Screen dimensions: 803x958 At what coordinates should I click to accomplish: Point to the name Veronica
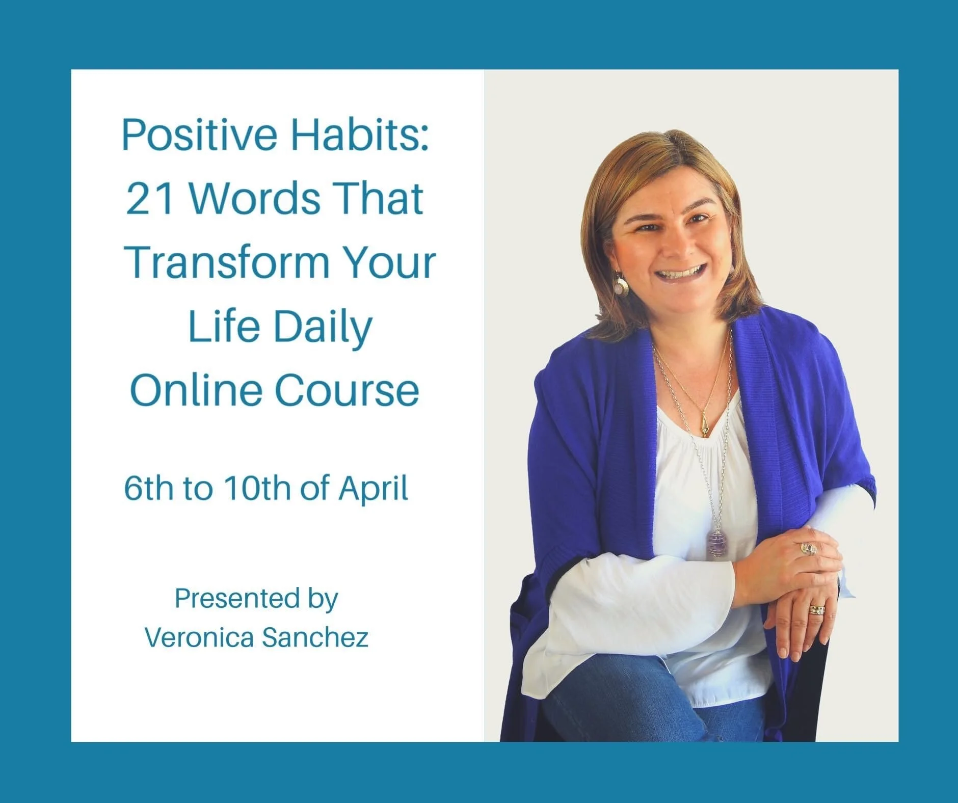198,637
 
